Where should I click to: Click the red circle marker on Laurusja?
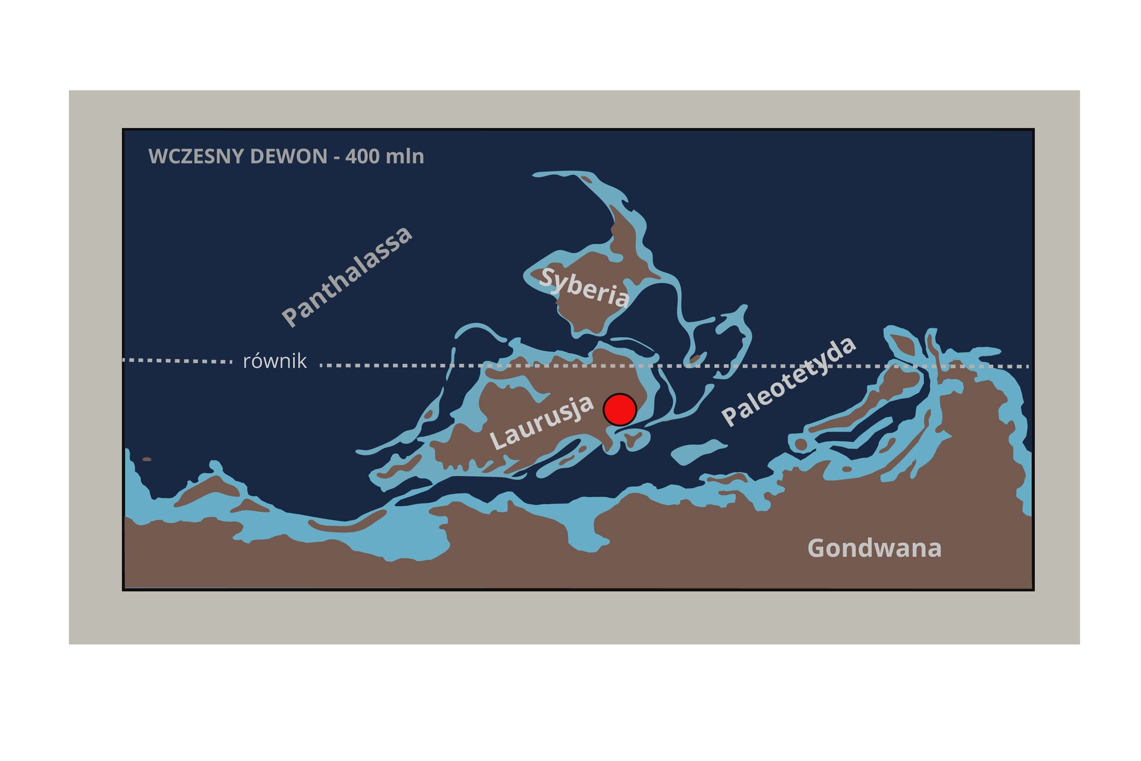coord(620,409)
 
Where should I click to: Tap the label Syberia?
coord(584,288)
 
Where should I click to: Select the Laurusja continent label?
coord(541,422)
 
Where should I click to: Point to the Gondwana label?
coord(874,548)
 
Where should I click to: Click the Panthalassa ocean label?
coord(346,276)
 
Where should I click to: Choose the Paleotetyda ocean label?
coord(789,381)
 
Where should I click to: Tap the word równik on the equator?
coord(275,361)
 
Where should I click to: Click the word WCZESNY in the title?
coord(188,156)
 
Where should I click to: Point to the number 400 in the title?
coord(363,156)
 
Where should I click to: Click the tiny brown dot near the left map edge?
coord(147,459)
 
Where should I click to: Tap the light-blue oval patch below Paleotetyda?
coord(698,452)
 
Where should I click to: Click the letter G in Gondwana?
coord(817,548)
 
